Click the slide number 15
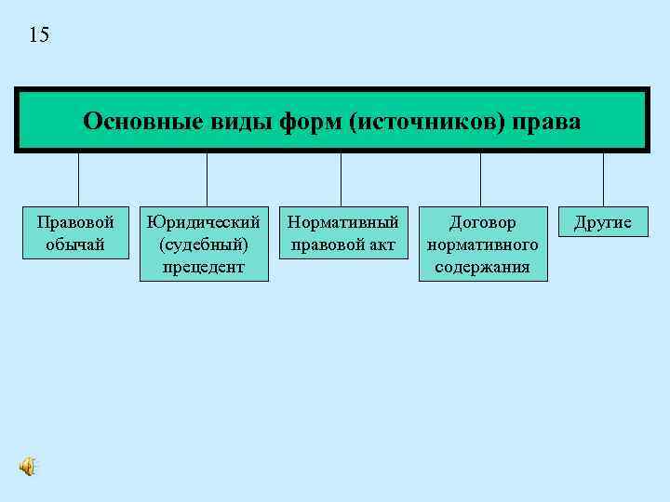[40, 35]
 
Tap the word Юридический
[203, 223]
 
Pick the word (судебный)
[203, 244]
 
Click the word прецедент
[203, 267]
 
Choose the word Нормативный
[343, 223]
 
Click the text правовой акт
[343, 244]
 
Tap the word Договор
[482, 223]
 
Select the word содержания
[482, 267]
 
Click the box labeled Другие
[603, 223]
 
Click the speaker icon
[29, 467]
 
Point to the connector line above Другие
[603, 178]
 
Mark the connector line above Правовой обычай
[78, 178]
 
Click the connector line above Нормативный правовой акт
[342, 178]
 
